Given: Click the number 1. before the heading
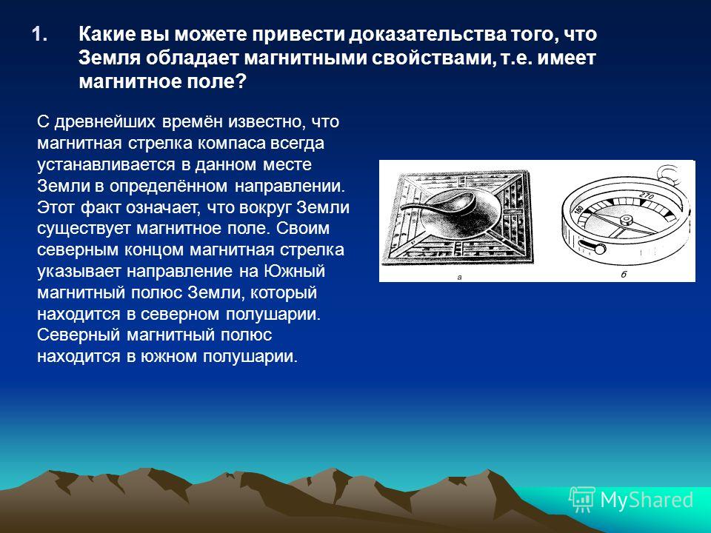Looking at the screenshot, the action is click(40, 35).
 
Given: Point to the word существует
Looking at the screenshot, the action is click(84, 229).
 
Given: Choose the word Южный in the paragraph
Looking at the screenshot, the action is click(294, 271).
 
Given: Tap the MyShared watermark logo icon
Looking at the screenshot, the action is click(582, 500).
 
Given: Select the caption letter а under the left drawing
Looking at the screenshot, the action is click(459, 276).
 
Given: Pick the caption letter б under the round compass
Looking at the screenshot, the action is click(624, 274).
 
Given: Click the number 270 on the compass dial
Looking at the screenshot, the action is click(646, 196).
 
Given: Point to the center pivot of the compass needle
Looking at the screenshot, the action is click(627, 221).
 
